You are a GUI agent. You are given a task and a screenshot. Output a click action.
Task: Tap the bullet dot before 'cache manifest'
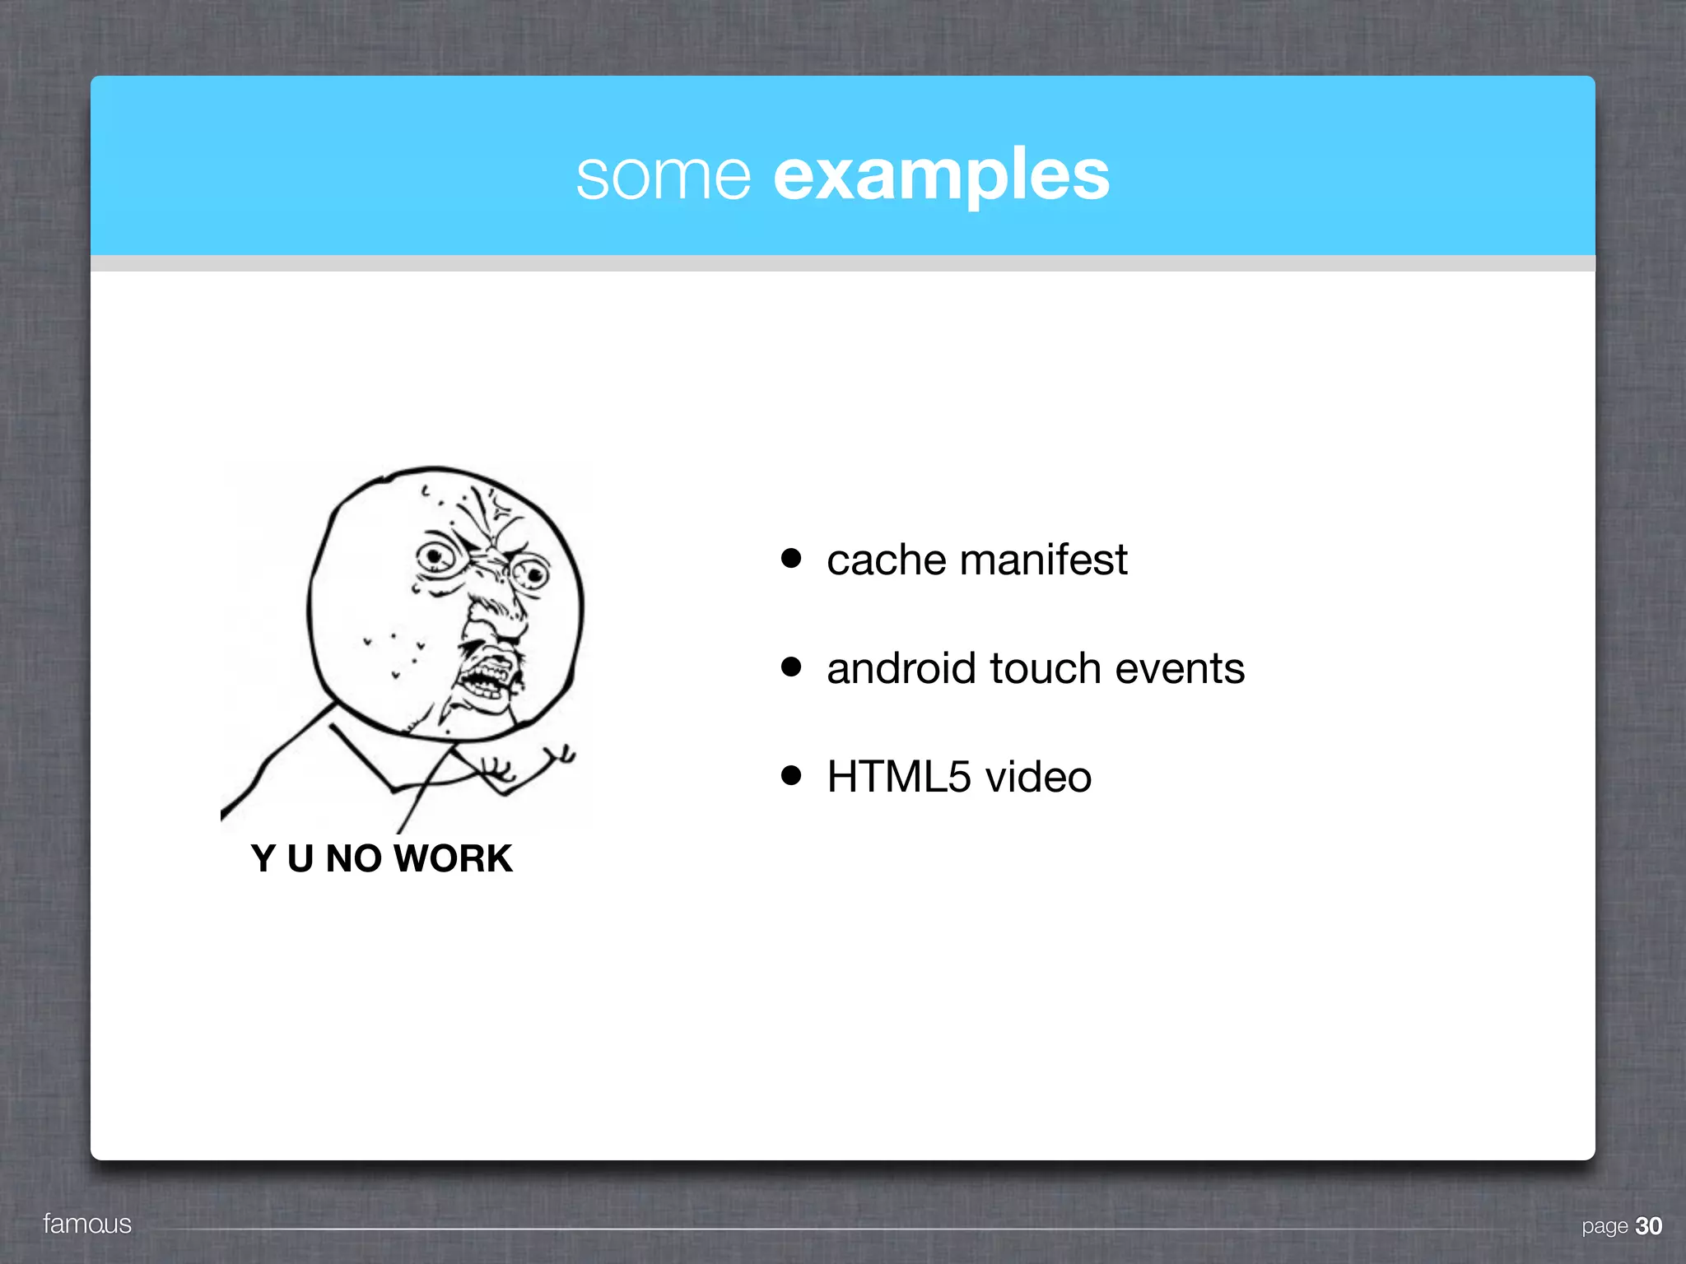791,559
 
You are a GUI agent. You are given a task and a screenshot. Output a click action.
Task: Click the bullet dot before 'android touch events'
791,667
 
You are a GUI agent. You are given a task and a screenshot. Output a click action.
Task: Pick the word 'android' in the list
901,668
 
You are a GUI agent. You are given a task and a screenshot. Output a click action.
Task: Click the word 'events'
1180,668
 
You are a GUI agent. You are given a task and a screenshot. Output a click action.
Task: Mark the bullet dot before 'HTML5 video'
791,775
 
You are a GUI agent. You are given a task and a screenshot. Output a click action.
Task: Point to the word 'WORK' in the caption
453,858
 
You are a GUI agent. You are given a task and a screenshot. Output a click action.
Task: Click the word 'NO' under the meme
353,858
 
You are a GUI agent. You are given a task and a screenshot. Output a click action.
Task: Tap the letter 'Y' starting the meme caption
263,858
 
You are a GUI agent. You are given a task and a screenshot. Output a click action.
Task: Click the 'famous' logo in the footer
87,1224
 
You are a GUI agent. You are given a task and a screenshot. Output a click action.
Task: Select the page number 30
1648,1226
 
